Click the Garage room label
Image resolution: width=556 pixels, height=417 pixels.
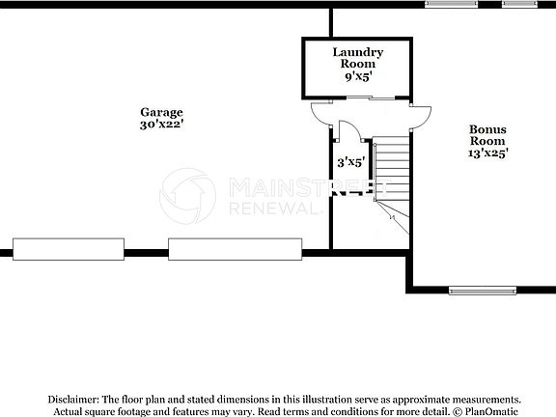pyautogui.click(x=161, y=112)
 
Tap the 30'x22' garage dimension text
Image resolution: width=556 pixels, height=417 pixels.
pyautogui.click(x=161, y=125)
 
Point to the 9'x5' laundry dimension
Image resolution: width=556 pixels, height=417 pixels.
pyautogui.click(x=358, y=74)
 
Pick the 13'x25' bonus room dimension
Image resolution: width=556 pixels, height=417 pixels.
pyautogui.click(x=487, y=152)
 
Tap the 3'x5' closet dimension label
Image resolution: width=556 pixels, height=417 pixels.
pyautogui.click(x=349, y=163)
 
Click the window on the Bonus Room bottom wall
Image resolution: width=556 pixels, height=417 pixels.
pyautogui.click(x=480, y=290)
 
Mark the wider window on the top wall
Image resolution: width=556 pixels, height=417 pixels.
pyautogui.click(x=451, y=4)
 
